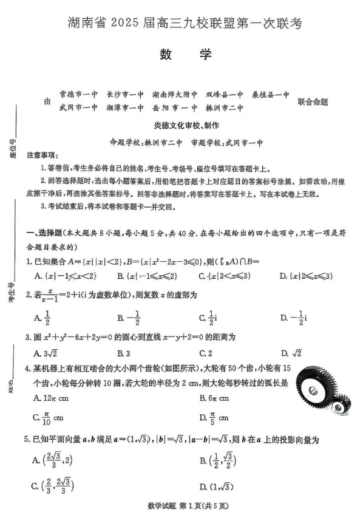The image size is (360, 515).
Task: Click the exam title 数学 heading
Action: [185, 54]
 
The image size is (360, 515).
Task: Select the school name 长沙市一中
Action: [125, 95]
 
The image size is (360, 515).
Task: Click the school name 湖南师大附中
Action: [175, 95]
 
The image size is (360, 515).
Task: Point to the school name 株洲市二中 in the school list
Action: [225, 108]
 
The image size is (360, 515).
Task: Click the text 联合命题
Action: [313, 101]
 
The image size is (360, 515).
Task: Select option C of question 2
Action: [207, 316]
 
